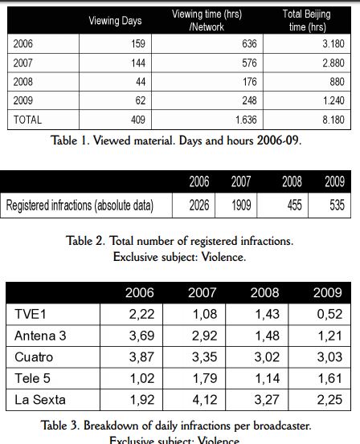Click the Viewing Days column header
click(x=115, y=21)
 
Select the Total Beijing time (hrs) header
click(x=307, y=20)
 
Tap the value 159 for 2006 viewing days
click(x=138, y=44)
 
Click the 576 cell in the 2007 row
click(x=249, y=63)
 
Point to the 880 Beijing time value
click(x=337, y=82)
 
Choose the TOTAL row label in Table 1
click(x=27, y=120)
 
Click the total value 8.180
click(x=333, y=120)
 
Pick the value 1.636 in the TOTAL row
click(x=246, y=120)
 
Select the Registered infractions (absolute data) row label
click(x=80, y=206)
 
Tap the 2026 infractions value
click(x=199, y=206)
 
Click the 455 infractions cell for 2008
click(x=295, y=206)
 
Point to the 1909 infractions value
click(x=241, y=206)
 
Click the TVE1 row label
click(x=30, y=314)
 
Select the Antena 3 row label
click(x=40, y=336)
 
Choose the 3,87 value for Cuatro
click(x=141, y=357)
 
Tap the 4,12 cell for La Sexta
click(x=205, y=400)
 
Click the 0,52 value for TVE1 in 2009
click(x=329, y=314)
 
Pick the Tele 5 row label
click(x=32, y=379)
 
